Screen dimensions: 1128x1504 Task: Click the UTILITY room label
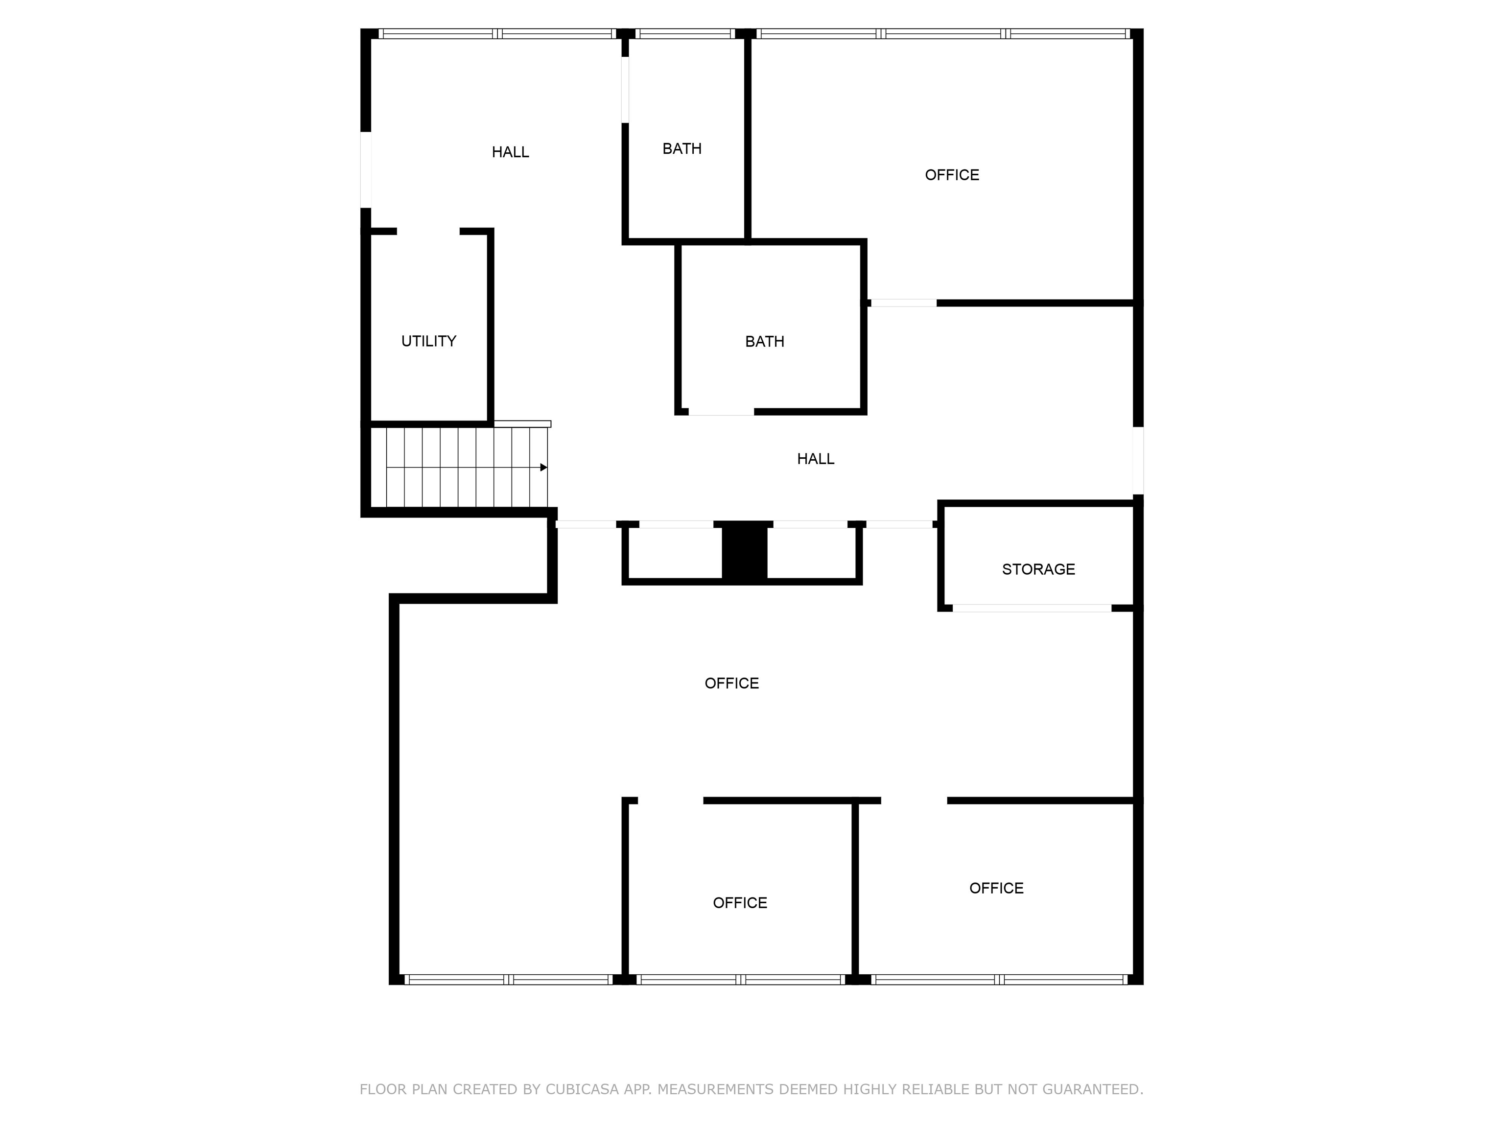pos(428,341)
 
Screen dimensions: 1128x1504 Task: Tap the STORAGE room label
pos(1038,569)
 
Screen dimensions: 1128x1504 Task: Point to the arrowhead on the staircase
pos(543,467)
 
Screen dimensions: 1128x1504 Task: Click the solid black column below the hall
pos(745,551)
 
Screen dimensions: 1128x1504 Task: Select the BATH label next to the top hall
pos(682,149)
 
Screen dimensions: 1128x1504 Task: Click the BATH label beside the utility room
pos(764,341)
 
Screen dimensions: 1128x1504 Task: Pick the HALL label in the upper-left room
pos(510,152)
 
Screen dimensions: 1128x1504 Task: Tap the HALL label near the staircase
pos(815,459)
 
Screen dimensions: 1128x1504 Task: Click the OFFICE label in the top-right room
pos(952,175)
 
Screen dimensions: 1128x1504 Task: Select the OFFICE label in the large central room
pos(731,683)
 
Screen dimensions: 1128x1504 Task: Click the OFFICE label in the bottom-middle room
pos(740,903)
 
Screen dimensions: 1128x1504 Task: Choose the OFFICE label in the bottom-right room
pos(996,888)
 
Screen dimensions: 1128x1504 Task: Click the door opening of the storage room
pos(1032,608)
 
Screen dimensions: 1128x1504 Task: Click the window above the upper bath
pos(685,33)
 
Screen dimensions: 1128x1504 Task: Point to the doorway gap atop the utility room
pos(428,231)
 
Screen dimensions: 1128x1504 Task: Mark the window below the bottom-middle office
pos(740,979)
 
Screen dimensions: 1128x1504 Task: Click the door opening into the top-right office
pos(903,303)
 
